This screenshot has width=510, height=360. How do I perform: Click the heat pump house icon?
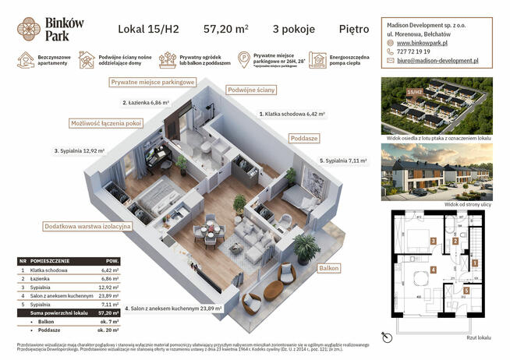[317, 60]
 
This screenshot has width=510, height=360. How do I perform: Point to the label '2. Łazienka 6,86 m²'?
[151, 102]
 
